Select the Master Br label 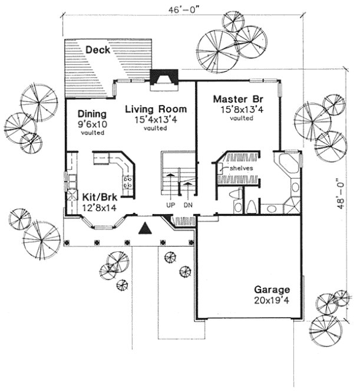click(238, 98)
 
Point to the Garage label click(272, 290)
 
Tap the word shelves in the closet click(242, 168)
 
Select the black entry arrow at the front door click(145, 229)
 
